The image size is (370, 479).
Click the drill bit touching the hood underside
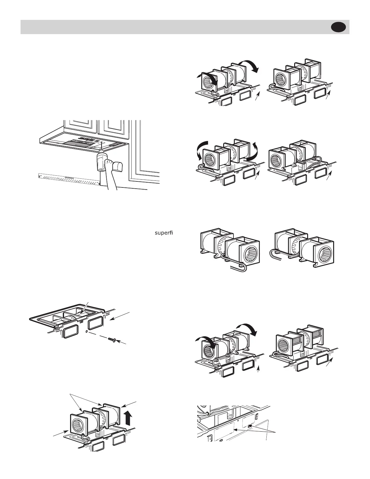(102, 148)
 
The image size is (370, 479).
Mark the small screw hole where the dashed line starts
(87, 332)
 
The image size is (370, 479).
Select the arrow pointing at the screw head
(122, 342)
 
